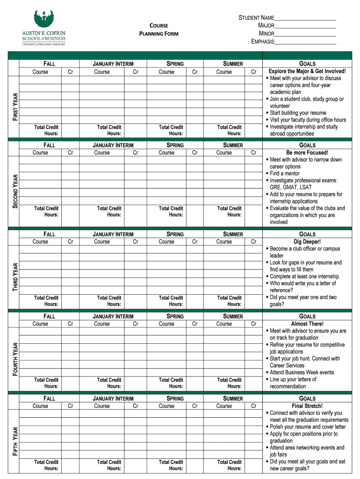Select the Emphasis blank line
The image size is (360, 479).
[305, 42]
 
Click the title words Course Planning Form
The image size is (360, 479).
[158, 29]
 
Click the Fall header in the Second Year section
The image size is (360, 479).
[49, 145]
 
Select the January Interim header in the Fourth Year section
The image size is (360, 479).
[113, 316]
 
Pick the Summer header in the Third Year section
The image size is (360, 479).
[233, 234]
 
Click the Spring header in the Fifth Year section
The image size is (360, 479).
[175, 399]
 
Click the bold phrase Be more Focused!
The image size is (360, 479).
[307, 152]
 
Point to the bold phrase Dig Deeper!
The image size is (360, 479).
[307, 242]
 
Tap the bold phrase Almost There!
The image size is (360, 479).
[307, 324]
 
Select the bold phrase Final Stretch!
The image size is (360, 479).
[307, 406]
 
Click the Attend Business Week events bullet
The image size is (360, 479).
[302, 372]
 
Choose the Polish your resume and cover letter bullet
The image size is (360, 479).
[308, 427]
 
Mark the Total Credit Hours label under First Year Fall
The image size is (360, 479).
[46, 130]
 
